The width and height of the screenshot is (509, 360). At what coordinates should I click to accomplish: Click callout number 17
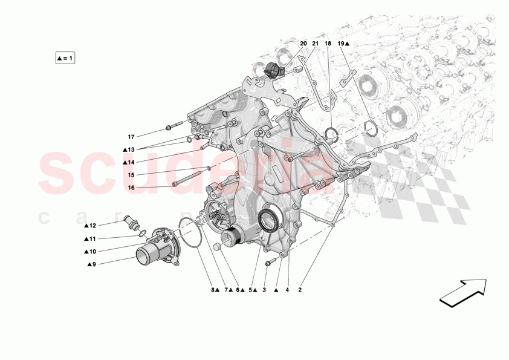tap(131, 137)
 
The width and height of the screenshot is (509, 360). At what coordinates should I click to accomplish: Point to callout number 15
tap(131, 175)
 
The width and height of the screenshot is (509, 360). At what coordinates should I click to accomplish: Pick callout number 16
tap(131, 188)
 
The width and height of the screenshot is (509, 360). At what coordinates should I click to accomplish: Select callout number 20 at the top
tap(303, 44)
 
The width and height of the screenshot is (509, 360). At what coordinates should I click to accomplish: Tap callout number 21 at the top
tap(316, 44)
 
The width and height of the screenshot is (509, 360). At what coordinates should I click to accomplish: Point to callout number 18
tap(328, 44)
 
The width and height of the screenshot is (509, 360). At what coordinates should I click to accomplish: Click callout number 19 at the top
tap(342, 44)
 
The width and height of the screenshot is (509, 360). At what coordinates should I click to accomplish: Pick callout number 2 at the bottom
tap(299, 290)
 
